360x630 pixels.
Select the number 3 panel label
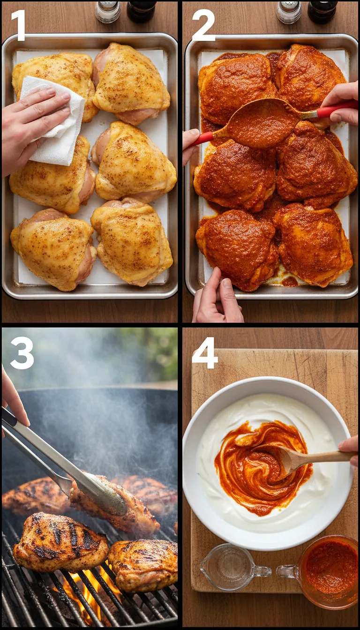pos(22,352)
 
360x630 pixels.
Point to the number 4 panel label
pos(204,352)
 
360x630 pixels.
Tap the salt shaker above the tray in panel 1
pos(107,11)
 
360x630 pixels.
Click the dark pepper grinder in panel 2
pos(322,11)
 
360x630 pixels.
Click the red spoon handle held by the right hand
pos(335,111)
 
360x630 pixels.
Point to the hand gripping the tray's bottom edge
pos(217,298)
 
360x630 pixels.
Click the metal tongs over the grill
pos(70,469)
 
